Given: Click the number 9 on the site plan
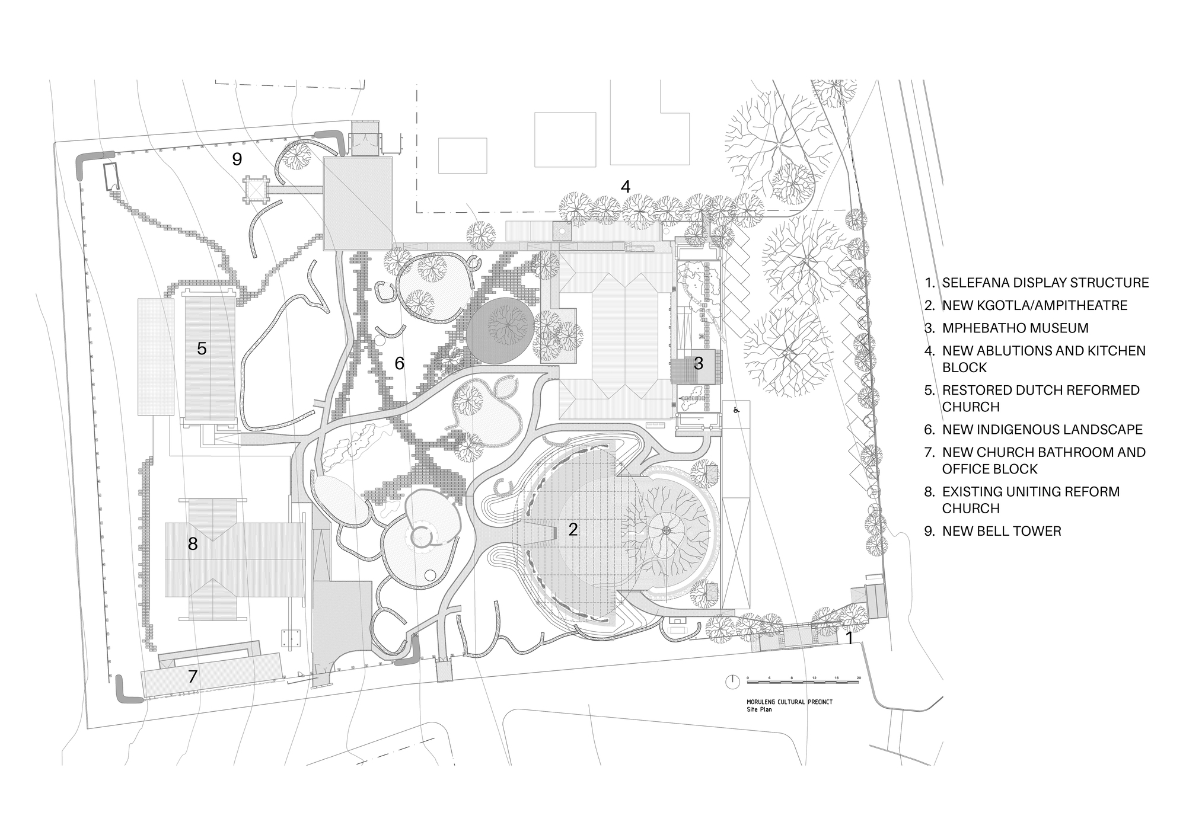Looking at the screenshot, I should pyautogui.click(x=237, y=159).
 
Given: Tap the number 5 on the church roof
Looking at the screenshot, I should pyautogui.click(x=202, y=348).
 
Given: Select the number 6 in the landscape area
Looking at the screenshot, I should pyautogui.click(x=399, y=363).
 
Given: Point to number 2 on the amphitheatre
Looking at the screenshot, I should pyautogui.click(x=573, y=529).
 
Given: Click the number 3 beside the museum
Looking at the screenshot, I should pyautogui.click(x=699, y=363).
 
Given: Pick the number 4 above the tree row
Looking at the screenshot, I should pyautogui.click(x=626, y=186).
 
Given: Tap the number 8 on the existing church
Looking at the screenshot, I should pyautogui.click(x=192, y=543).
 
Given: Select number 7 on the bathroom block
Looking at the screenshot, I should pyautogui.click(x=192, y=676).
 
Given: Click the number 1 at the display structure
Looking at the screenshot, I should pyautogui.click(x=849, y=638).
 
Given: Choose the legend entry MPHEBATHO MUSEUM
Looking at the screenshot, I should pyautogui.click(x=1015, y=328).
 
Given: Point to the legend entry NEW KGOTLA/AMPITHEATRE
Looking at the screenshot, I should pyautogui.click(x=1034, y=305).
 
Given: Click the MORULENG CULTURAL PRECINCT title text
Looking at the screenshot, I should pyautogui.click(x=789, y=702).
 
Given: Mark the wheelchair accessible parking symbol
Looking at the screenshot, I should pyautogui.click(x=737, y=409).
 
